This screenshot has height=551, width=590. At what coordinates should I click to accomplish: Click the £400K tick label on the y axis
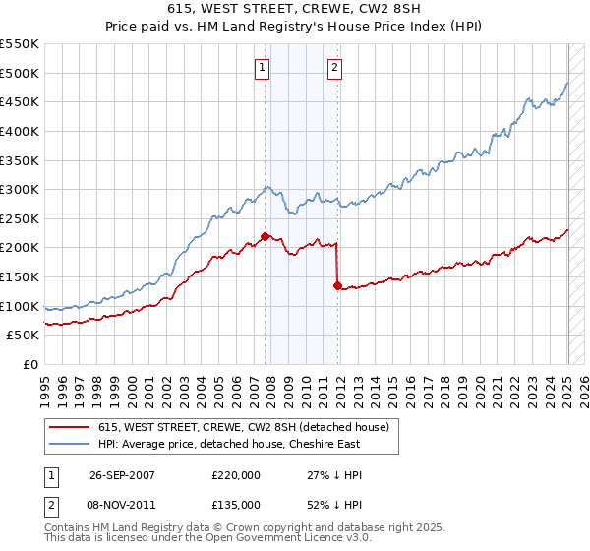[x=19, y=131]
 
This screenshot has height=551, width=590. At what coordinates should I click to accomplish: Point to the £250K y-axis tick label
[x=19, y=218]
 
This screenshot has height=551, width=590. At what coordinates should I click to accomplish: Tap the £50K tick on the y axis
[x=23, y=336]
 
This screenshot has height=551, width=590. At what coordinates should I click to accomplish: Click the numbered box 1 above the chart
[x=263, y=68]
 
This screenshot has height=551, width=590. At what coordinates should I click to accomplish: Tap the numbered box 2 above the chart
[x=335, y=68]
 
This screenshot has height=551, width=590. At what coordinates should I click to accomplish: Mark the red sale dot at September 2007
[x=265, y=236]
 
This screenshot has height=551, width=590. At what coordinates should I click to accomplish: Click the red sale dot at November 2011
[x=337, y=285]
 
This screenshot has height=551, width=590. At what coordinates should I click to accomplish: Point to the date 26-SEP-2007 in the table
[x=122, y=474]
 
